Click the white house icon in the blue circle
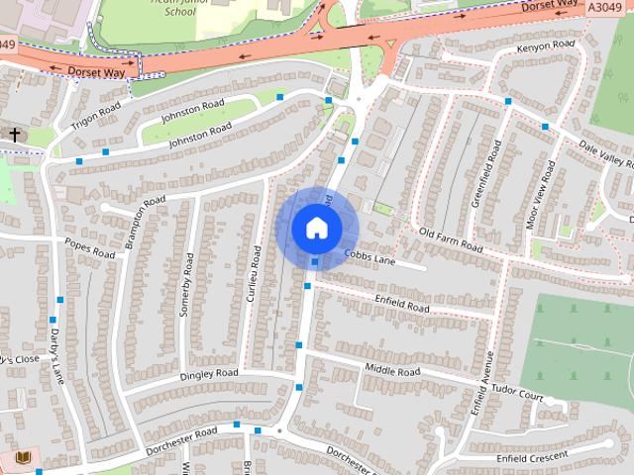pos(316,229)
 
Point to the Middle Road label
pos(392,371)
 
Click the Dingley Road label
pos(210,375)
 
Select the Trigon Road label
pos(95,117)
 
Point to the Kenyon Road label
pos(546,47)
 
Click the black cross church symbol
pos(16,134)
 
